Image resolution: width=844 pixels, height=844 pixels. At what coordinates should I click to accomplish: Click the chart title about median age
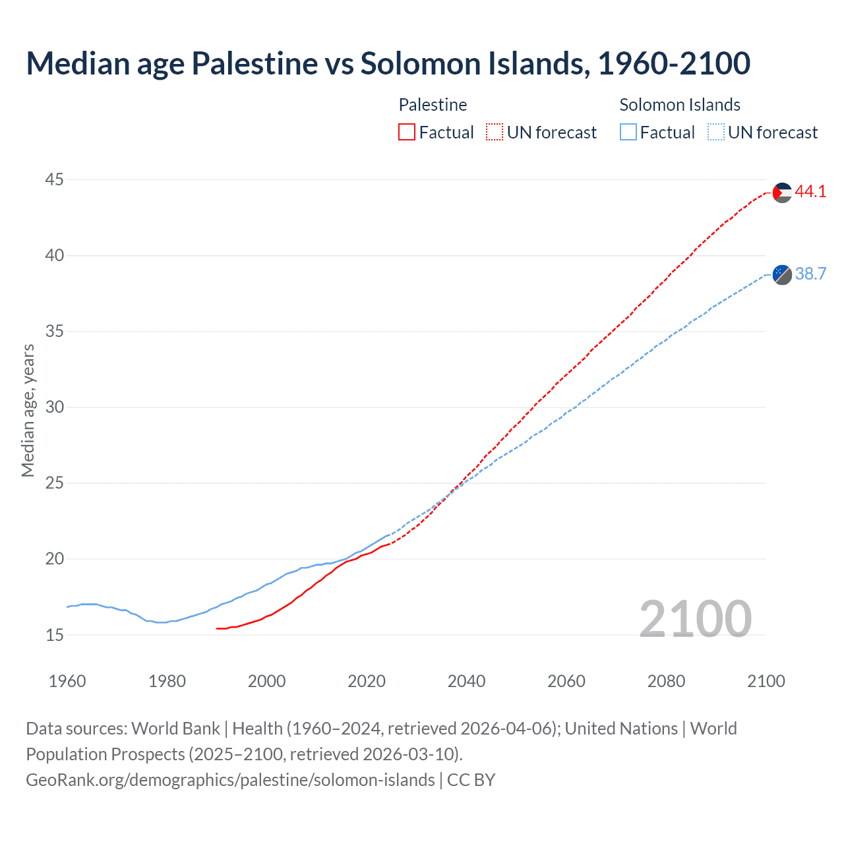pos(388,63)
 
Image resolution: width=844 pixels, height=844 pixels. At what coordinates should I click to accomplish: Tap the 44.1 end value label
pos(810,192)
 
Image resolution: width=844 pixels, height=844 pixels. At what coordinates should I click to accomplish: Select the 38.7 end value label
pos(810,274)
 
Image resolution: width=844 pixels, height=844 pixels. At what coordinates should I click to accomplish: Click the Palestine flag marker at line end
pos(782,193)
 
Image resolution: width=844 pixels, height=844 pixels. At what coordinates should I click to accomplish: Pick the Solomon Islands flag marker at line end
pos(782,274)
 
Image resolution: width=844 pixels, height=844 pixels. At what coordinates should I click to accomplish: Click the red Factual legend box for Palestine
pos(407,133)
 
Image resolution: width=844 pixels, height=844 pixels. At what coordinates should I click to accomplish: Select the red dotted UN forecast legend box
pos(495,133)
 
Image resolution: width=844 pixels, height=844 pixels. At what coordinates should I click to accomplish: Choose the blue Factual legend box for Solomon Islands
pos(628,133)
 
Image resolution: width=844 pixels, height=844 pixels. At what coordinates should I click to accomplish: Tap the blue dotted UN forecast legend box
pos(716,133)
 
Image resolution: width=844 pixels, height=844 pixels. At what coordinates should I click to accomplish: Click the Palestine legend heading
pos(433,105)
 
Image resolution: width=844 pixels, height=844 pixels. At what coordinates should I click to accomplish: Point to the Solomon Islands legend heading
pos(680,105)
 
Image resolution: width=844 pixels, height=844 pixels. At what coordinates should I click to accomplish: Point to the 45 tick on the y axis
pos(55,179)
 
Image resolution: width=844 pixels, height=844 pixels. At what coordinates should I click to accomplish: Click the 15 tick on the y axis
pos(55,635)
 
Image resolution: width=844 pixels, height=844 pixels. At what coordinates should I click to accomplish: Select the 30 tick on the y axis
pos(55,407)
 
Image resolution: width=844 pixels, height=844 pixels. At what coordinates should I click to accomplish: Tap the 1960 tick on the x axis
pos(67,681)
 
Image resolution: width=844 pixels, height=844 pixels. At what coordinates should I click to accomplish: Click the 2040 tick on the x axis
pos(466,681)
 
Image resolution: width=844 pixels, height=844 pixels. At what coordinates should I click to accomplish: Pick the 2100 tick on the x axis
pos(766,681)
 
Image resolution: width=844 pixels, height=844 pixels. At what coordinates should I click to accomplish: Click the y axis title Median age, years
pos(28,410)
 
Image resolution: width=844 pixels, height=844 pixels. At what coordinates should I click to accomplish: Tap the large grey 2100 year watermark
pos(696,618)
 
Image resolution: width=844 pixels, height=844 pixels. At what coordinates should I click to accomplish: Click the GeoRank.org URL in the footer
pos(230,780)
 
